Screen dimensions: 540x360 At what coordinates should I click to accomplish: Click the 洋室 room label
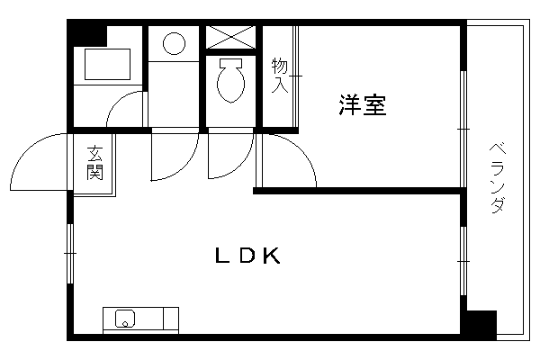[363, 104]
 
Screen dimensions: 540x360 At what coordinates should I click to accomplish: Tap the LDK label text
[247, 256]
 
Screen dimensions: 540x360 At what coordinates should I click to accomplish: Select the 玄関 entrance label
[94, 163]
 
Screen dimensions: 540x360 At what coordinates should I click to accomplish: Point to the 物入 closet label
[280, 76]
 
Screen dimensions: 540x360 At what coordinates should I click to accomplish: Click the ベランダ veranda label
[498, 179]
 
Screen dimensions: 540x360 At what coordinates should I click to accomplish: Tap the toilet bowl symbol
[230, 80]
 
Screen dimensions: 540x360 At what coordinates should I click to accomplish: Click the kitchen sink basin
[125, 319]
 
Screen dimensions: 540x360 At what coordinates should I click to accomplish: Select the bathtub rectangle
[107, 65]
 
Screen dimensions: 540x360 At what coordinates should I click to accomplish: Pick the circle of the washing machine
[174, 43]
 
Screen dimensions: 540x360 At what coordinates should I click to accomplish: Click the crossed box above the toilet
[230, 37]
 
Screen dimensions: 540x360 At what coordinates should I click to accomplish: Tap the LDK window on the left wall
[70, 254]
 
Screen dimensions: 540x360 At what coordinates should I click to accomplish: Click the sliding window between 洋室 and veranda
[463, 129]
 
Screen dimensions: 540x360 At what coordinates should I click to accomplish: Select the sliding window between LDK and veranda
[463, 261]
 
